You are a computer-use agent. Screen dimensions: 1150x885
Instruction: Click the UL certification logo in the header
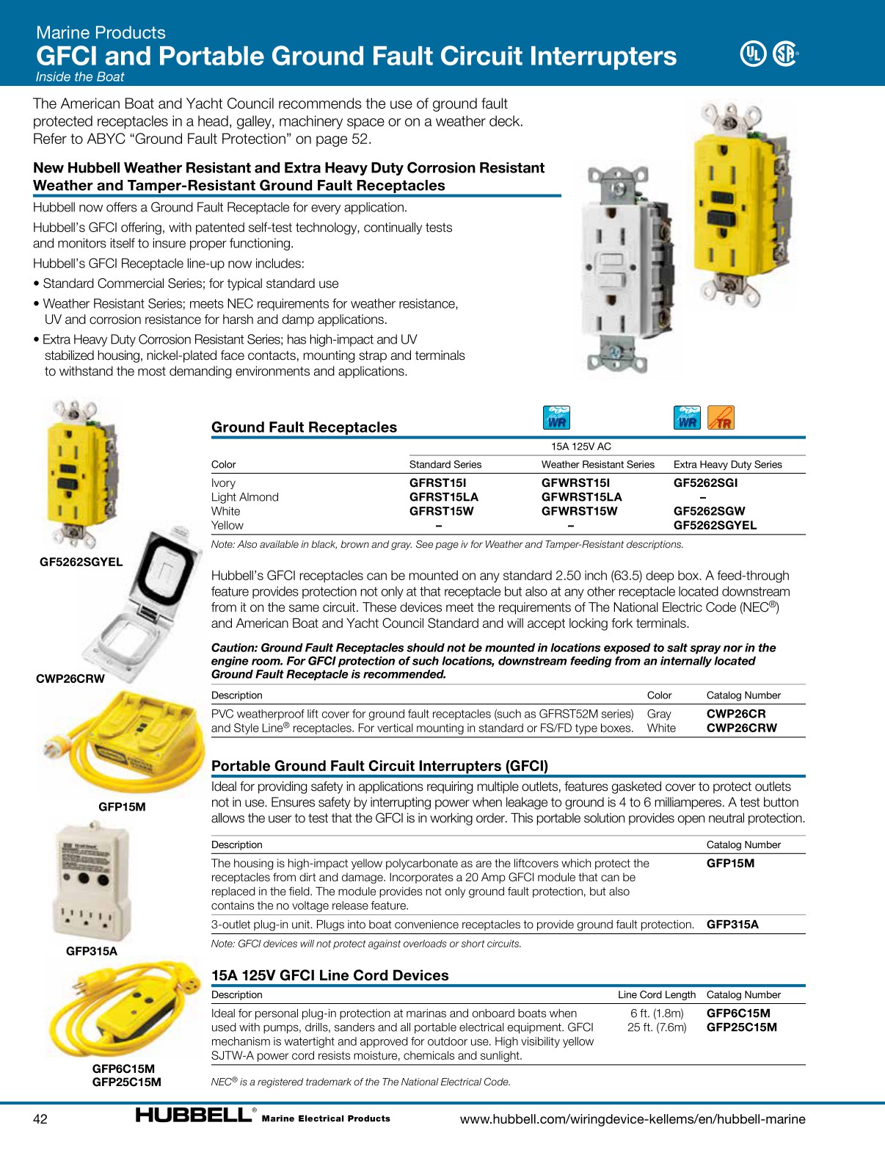(752, 54)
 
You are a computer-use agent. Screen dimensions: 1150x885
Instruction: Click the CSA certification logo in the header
(785, 54)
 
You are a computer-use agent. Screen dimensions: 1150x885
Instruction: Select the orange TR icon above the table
(721, 418)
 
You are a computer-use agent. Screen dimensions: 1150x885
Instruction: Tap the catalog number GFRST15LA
(443, 497)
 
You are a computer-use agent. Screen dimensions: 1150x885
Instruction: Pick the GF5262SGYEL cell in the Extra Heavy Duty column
(715, 525)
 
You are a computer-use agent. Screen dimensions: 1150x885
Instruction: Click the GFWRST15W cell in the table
(579, 511)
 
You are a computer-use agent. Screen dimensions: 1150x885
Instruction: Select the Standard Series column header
(445, 464)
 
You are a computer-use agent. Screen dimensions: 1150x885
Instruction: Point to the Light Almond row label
(244, 497)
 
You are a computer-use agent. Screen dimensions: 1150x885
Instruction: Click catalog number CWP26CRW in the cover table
(741, 728)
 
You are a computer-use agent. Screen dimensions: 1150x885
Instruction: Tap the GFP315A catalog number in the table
(732, 925)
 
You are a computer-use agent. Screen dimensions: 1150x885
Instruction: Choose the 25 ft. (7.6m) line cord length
(657, 1027)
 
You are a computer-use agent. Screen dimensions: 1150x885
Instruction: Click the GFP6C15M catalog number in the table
(738, 1013)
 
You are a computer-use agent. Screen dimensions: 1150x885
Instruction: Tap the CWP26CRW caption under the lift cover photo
(70, 679)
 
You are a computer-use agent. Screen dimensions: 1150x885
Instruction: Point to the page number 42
(40, 1118)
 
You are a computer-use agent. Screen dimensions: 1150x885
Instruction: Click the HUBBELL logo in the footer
(194, 1115)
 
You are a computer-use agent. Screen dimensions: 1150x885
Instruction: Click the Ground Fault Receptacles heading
(304, 427)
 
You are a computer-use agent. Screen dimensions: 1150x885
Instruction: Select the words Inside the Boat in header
(80, 77)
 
